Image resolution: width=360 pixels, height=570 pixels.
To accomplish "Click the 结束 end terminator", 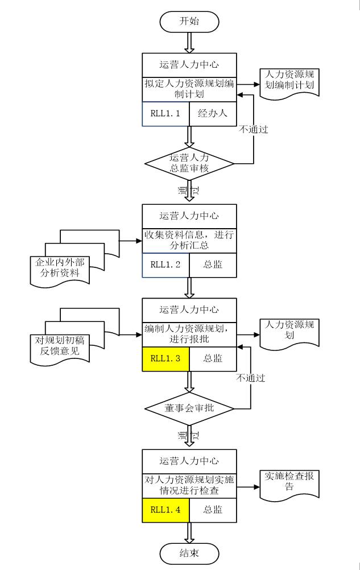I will click(x=189, y=552).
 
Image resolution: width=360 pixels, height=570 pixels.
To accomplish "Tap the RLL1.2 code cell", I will click(x=165, y=265).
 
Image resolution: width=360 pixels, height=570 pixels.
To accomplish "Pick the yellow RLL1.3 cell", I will click(x=165, y=358).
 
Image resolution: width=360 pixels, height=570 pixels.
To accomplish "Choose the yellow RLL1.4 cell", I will click(x=165, y=509).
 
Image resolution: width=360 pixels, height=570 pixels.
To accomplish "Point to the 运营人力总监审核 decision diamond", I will click(x=189, y=163).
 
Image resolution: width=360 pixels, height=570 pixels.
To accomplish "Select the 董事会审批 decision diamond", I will click(x=189, y=408).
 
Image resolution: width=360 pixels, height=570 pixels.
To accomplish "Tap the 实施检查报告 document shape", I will click(x=289, y=482).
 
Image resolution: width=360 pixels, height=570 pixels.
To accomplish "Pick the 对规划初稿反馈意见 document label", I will click(x=63, y=346).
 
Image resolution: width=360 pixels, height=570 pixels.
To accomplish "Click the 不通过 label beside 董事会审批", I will click(x=251, y=378).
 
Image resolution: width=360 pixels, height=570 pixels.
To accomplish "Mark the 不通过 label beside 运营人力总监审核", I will click(x=253, y=130).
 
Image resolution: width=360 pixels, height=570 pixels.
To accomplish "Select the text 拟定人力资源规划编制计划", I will click(x=189, y=89).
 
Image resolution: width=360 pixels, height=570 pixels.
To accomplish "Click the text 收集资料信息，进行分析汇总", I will click(x=189, y=240).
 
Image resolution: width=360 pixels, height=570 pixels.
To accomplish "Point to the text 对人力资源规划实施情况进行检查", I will click(x=189, y=485).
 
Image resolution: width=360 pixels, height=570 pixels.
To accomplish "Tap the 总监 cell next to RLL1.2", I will click(x=212, y=265).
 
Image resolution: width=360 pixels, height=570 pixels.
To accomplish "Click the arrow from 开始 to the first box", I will click(x=189, y=41).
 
